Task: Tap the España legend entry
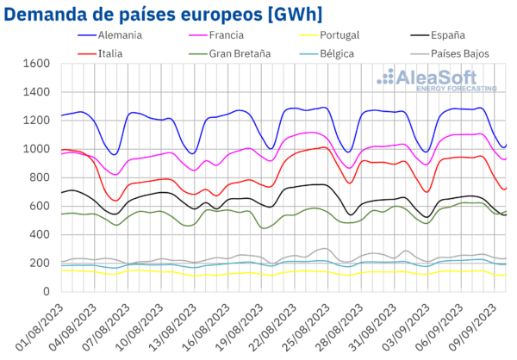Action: coord(452,36)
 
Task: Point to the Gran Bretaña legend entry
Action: coord(239,53)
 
